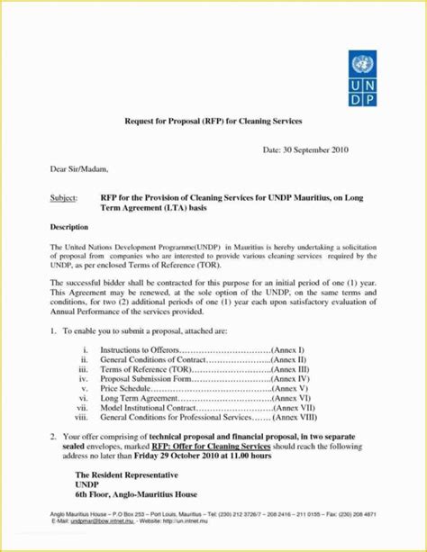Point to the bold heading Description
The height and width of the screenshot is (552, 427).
[68, 227]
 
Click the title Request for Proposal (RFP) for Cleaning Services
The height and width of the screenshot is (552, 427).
[213, 120]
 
